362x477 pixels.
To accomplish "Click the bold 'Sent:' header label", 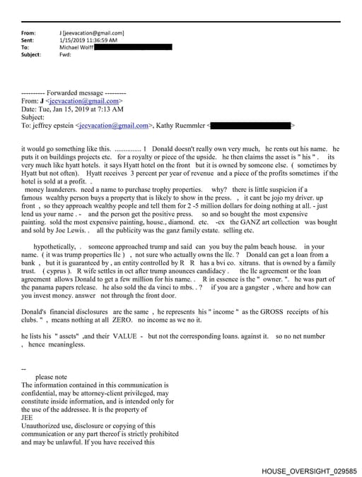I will pos(28,40).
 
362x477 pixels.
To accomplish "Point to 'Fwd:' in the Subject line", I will pos(69,54).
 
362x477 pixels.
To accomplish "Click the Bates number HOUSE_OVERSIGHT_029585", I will pos(309,471).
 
